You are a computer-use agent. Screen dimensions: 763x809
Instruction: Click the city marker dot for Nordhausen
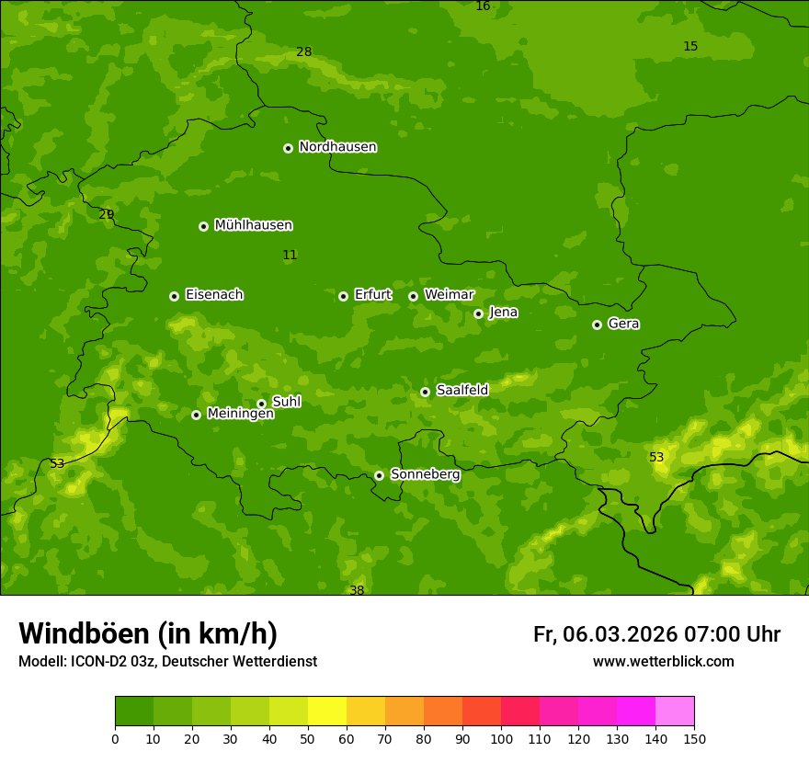pyautogui.click(x=288, y=148)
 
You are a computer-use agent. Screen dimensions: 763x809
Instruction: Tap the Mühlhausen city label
pyautogui.click(x=253, y=225)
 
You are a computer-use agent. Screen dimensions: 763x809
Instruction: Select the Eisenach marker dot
pyautogui.click(x=174, y=296)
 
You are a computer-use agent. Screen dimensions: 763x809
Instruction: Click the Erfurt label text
pyautogui.click(x=372, y=295)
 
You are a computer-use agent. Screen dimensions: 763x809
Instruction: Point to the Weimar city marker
pyautogui.click(x=413, y=296)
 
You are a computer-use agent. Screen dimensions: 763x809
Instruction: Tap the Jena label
pyautogui.click(x=503, y=313)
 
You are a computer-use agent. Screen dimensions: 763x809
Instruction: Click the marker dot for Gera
pyautogui.click(x=597, y=325)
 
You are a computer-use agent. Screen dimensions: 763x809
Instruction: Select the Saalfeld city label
pyautogui.click(x=461, y=391)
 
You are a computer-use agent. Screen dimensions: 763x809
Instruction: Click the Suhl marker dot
pyautogui.click(x=261, y=404)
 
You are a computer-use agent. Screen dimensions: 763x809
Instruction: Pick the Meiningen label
pyautogui.click(x=240, y=415)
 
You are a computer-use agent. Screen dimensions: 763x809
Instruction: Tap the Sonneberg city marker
pyautogui.click(x=379, y=475)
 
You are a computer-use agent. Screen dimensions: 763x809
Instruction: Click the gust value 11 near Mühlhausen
pyautogui.click(x=290, y=256)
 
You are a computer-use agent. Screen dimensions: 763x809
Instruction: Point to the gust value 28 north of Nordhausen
pyautogui.click(x=303, y=52)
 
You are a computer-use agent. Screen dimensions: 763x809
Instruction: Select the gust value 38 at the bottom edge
pyautogui.click(x=357, y=590)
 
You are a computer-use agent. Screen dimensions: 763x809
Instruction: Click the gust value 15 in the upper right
pyautogui.click(x=690, y=47)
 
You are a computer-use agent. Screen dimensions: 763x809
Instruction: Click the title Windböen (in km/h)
pyautogui.click(x=148, y=633)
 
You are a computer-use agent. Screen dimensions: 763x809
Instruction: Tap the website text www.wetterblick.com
pyautogui.click(x=663, y=662)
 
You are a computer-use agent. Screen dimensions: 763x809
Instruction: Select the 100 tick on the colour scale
pyautogui.click(x=501, y=738)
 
